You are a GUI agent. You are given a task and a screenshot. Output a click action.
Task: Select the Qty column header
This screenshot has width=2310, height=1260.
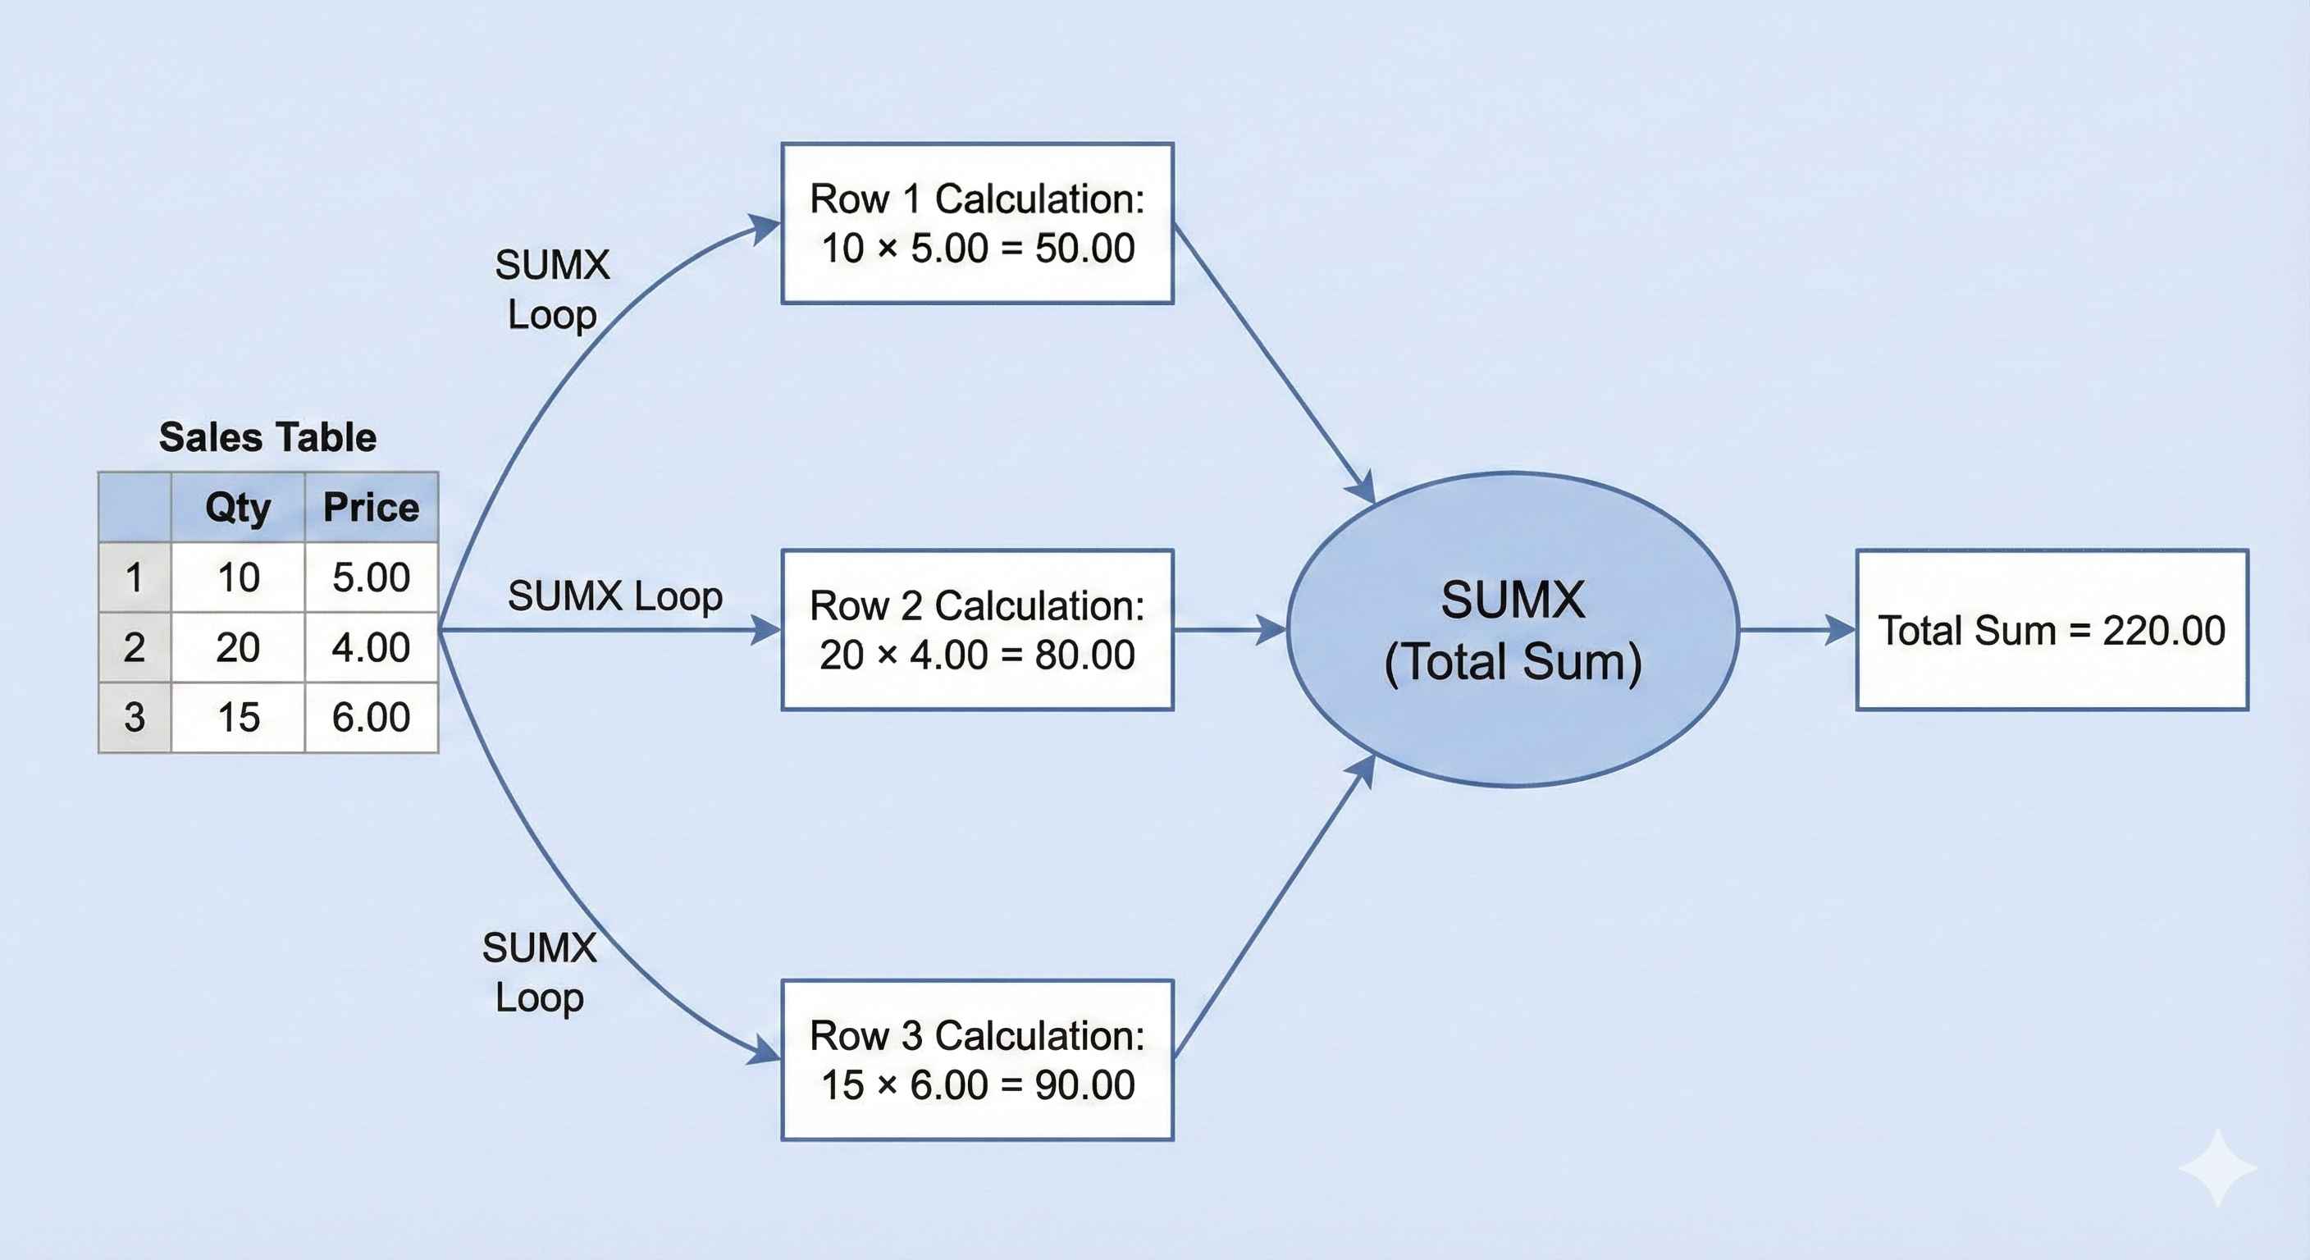[x=238, y=508]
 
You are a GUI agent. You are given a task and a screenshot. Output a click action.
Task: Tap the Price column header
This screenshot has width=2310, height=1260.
[x=372, y=508]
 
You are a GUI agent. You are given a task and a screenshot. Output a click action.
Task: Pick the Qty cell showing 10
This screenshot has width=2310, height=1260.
[x=238, y=577]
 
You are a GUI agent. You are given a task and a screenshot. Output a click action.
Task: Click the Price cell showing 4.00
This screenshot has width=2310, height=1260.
[x=372, y=647]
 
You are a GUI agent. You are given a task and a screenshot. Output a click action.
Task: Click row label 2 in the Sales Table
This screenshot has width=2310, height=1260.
[x=135, y=647]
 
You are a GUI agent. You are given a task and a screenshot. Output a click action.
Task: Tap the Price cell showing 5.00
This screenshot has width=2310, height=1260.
[x=372, y=577]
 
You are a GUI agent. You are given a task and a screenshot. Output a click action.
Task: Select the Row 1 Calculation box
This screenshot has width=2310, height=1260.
[x=978, y=223]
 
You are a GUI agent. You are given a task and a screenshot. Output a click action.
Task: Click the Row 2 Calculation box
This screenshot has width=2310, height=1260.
[x=978, y=629]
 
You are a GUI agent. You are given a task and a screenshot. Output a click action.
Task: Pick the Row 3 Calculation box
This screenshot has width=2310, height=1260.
[x=978, y=1060]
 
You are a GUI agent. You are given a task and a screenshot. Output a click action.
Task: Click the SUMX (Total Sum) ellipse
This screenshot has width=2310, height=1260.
[x=1513, y=629]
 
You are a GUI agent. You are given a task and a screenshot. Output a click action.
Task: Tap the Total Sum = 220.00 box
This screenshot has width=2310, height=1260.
[x=2052, y=629]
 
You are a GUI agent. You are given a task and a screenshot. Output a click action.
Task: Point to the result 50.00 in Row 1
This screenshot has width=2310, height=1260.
[x=1085, y=249]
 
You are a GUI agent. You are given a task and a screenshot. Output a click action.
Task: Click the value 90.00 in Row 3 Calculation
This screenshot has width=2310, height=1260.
[x=1085, y=1085]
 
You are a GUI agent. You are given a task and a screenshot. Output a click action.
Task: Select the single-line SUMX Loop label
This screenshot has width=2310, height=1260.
[x=615, y=596]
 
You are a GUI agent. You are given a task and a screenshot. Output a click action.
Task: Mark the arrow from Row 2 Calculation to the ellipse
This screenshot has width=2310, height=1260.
[x=1230, y=629]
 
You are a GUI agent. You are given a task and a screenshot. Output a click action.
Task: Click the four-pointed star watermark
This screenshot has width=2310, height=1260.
[x=2216, y=1167]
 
